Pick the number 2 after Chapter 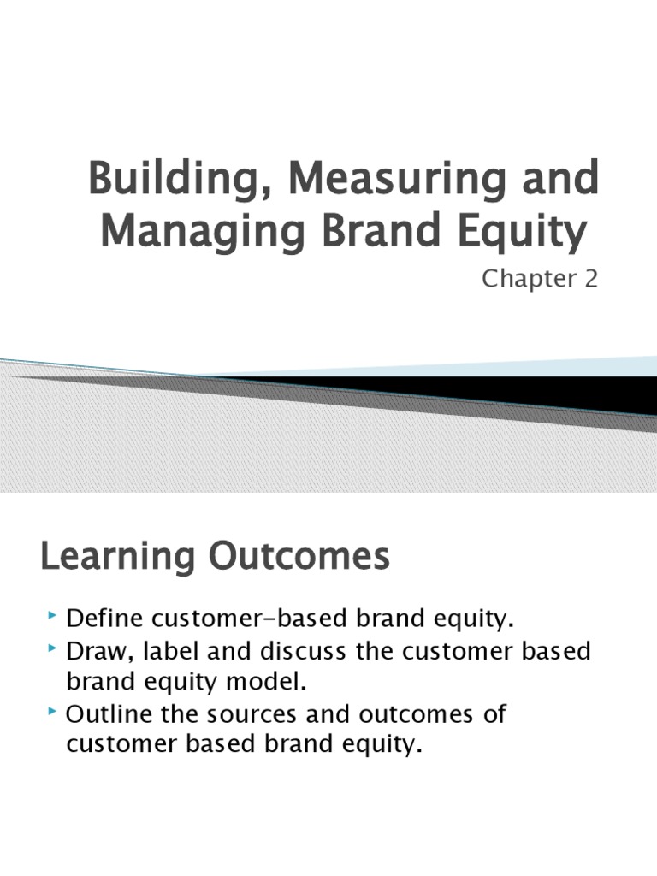(590, 280)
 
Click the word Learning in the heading (115, 558)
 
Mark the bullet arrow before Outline (54, 712)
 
